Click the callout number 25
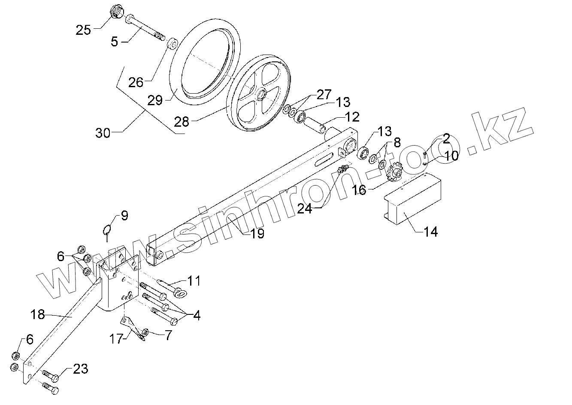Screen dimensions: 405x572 tap(83, 30)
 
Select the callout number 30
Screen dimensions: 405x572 tap(103, 133)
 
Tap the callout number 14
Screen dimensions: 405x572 tap(430, 232)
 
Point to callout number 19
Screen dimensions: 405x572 tap(257, 233)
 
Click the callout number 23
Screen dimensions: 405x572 tap(81, 368)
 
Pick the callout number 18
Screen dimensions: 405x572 tap(38, 314)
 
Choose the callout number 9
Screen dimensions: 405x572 tap(124, 216)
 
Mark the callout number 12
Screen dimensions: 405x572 tap(352, 117)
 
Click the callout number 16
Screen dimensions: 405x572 tap(360, 189)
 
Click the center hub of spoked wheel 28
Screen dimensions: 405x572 tap(260, 94)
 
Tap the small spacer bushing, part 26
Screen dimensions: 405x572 tap(173, 43)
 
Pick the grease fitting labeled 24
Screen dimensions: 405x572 tap(342, 170)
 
